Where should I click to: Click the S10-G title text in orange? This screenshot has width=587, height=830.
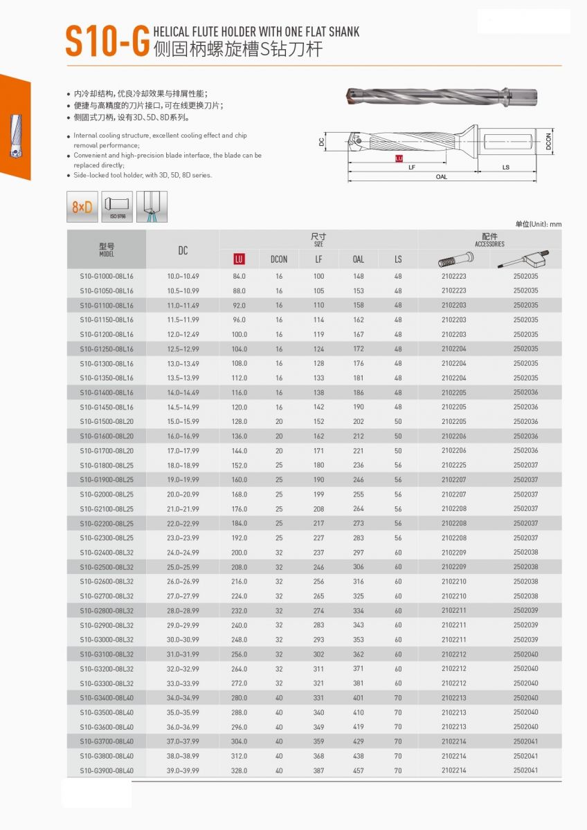(107, 41)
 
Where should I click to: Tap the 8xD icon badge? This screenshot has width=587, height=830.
(82, 207)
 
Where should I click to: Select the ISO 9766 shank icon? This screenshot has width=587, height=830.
(116, 207)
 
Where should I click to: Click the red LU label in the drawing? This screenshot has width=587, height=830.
(399, 158)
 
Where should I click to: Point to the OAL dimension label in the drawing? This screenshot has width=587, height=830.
(442, 177)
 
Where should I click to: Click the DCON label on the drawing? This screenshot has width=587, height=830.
(548, 141)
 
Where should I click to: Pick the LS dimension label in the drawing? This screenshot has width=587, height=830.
(506, 167)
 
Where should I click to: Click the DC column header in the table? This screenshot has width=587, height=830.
(183, 250)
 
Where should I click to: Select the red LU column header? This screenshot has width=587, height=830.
(240, 259)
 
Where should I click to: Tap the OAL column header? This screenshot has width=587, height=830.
(359, 259)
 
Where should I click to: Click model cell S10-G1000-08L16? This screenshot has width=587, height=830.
(107, 276)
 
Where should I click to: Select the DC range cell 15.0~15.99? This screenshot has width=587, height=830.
(183, 421)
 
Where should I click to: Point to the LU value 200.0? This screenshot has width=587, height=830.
(240, 553)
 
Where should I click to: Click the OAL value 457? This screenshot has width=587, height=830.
(359, 771)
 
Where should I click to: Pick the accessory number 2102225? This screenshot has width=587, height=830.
(454, 465)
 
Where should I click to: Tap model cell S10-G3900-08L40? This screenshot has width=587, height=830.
(107, 771)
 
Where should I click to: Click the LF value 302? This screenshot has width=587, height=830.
(318, 654)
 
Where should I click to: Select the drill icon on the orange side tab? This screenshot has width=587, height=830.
(15, 135)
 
